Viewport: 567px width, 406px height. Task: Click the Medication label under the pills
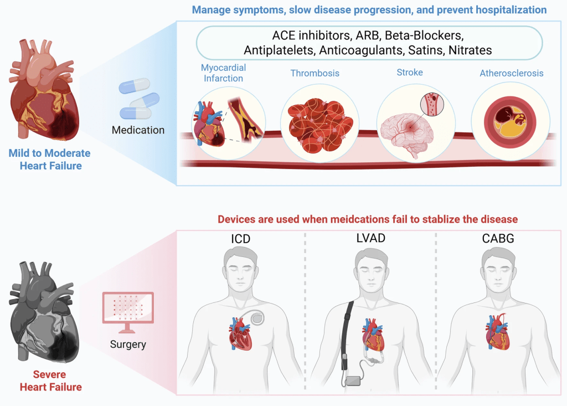click(138, 130)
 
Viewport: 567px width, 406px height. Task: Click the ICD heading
click(240, 240)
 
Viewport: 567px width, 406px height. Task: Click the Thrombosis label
click(315, 73)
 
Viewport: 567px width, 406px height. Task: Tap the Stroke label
click(410, 73)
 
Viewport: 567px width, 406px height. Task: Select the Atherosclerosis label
click(511, 73)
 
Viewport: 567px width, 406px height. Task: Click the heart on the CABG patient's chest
click(496, 333)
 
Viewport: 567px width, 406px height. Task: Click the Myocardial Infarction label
click(223, 73)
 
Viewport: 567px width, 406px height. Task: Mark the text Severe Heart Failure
click(50, 381)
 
